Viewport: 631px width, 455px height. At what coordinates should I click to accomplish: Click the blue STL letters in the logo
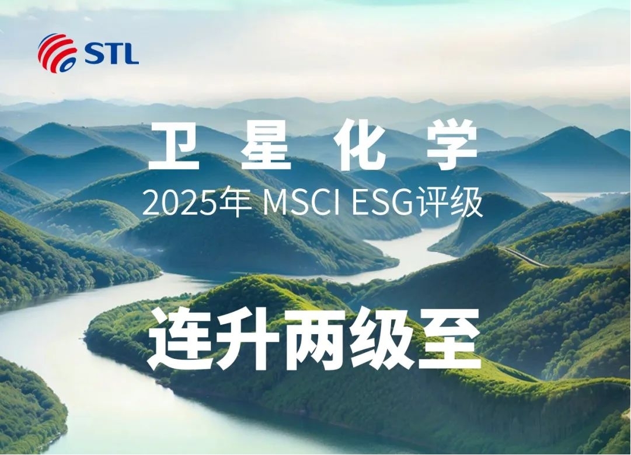112,54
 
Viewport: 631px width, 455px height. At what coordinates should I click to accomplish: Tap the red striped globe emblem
57,53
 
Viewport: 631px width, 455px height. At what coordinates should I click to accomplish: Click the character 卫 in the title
174,146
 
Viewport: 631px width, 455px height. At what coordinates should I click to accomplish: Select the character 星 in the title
266,146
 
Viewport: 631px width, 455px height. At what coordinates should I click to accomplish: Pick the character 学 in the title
452,146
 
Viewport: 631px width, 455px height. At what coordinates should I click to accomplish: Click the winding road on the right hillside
523,256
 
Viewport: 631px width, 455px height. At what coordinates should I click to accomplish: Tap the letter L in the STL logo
131,54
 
